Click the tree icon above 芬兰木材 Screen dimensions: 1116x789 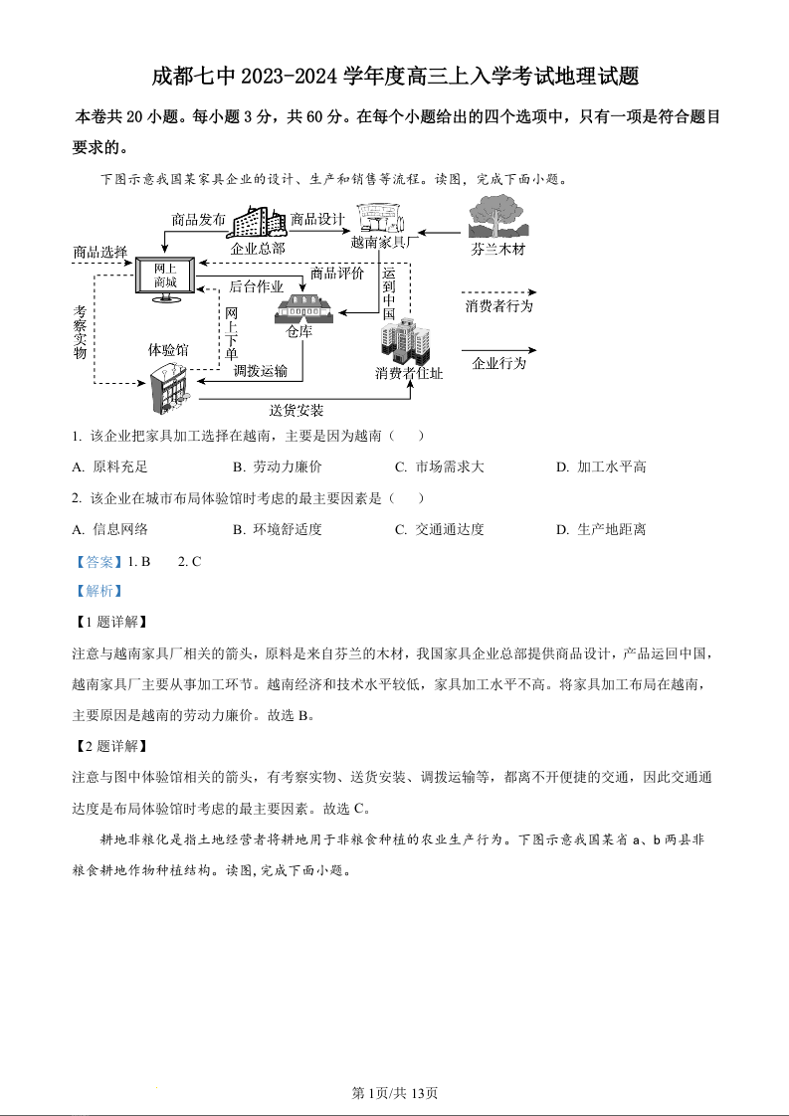pyautogui.click(x=496, y=217)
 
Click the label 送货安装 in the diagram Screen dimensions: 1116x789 pyautogui.click(x=296, y=410)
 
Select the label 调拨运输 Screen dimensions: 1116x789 pyautogui.click(x=261, y=371)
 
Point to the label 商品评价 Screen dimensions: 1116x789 pyautogui.click(x=337, y=273)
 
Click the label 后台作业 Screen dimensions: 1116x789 pyautogui.click(x=257, y=286)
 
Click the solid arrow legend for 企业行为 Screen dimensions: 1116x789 pyautogui.click(x=498, y=350)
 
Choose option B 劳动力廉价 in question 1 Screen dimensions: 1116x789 pyautogui.click(x=278, y=466)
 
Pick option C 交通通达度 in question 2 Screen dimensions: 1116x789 pyautogui.click(x=439, y=529)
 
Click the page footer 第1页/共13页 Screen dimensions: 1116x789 pyautogui.click(x=395, y=1093)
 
